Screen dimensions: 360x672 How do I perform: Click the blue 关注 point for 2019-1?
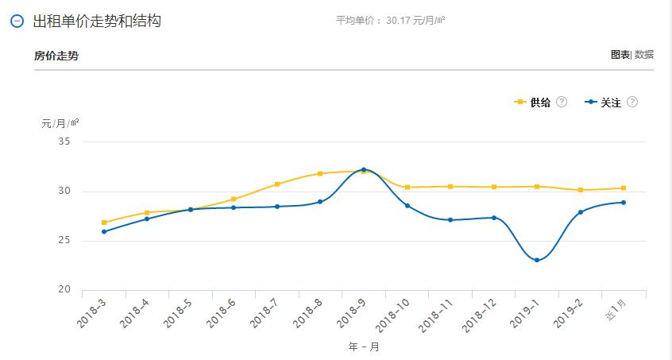(x=537, y=260)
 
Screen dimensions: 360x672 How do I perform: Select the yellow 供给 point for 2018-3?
(x=104, y=223)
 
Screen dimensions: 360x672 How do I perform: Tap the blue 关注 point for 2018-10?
(x=407, y=206)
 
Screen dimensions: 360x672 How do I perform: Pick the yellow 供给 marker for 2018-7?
(x=277, y=184)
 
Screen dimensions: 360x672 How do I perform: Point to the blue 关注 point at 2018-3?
(x=104, y=231)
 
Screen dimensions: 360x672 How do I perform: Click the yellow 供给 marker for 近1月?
(x=624, y=188)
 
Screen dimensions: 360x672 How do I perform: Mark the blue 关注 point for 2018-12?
(x=494, y=218)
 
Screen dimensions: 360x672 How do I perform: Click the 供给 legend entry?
(x=534, y=103)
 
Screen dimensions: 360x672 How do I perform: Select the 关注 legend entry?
(x=604, y=103)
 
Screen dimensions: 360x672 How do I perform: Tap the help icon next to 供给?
(x=562, y=103)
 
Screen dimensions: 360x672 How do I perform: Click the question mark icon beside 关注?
(x=632, y=103)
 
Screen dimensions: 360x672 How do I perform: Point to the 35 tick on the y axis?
(x=64, y=141)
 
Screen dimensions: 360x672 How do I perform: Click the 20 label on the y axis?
(x=64, y=290)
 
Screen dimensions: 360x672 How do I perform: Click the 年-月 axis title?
(x=364, y=346)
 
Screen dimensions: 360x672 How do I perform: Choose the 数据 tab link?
(x=644, y=55)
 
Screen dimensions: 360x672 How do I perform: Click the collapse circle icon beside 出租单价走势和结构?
(x=17, y=21)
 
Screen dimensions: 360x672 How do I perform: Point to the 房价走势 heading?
(x=56, y=56)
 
